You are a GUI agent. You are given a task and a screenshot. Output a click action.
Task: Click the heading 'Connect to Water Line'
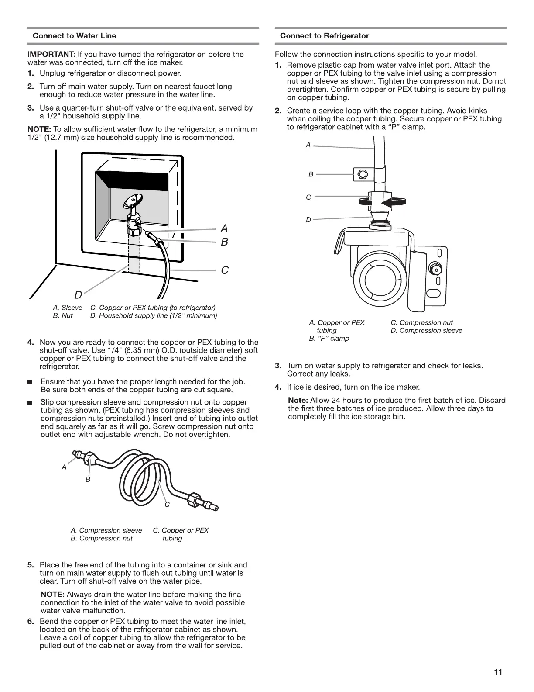[74, 36]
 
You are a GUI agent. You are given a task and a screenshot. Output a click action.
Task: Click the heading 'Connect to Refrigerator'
[324, 36]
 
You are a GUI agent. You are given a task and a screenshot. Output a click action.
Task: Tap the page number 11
[498, 672]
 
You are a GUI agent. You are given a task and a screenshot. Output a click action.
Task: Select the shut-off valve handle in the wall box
[131, 201]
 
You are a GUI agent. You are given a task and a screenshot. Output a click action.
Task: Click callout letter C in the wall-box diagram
[225, 270]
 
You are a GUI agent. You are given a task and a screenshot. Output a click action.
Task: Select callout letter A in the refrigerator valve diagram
[308, 145]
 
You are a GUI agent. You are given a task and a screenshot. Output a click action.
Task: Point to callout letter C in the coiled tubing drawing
[166, 505]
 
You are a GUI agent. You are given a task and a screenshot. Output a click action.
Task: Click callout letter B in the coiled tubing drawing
[88, 479]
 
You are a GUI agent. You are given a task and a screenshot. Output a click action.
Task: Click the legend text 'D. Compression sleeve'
[426, 331]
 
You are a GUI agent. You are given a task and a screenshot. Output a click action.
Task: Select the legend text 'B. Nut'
[63, 315]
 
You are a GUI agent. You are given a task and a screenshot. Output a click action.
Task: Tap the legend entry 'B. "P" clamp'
[329, 339]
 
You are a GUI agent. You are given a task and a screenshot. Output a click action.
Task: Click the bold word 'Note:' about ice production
[298, 401]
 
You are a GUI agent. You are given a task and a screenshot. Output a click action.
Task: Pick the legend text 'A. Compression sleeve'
[106, 530]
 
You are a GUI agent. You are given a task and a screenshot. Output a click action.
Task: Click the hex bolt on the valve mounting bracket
[434, 267]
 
